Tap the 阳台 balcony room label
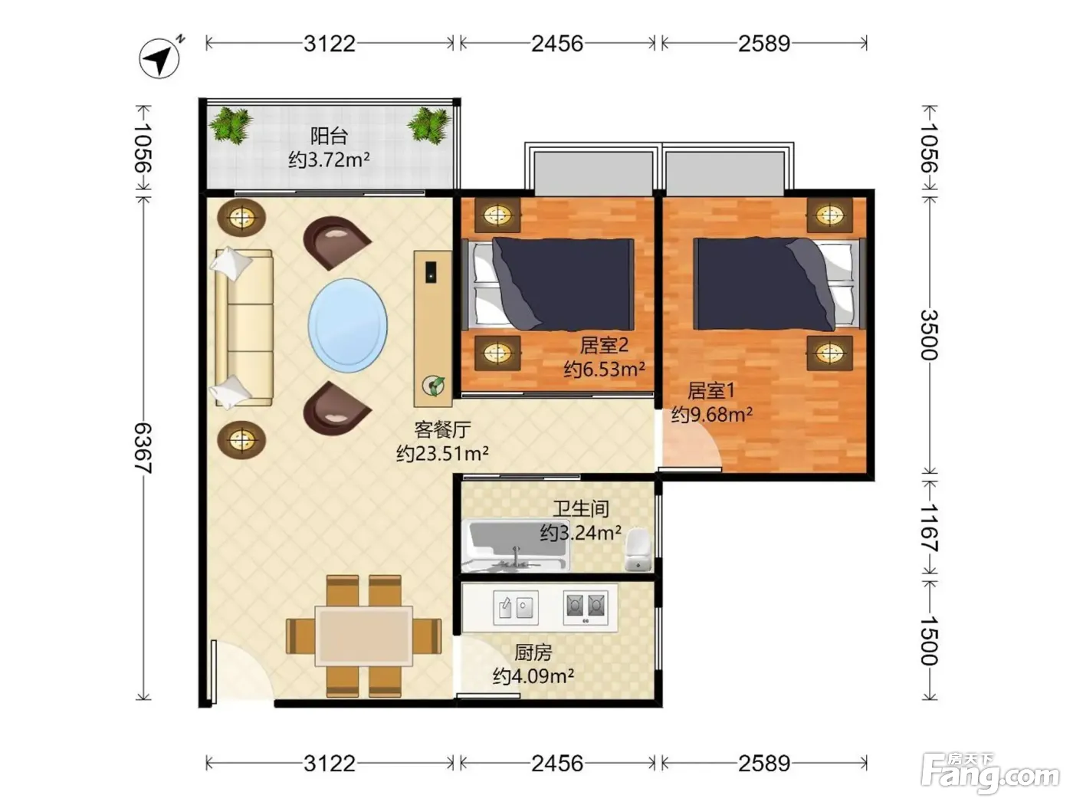tap(329, 136)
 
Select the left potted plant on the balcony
tap(230, 125)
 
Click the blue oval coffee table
tap(347, 326)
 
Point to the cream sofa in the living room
tap(243, 328)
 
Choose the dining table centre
tap(364, 636)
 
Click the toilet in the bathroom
tap(638, 550)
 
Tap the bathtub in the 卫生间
tap(515, 545)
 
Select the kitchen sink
tap(516, 607)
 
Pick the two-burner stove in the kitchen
tap(586, 607)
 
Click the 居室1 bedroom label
tap(710, 390)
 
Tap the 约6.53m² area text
tap(604, 369)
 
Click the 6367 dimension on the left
tap(143, 449)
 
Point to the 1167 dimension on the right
tap(929, 528)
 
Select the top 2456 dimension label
tap(557, 44)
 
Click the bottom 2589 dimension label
tap(764, 764)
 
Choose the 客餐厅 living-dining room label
tap(442, 429)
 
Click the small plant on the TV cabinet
tap(433, 385)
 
